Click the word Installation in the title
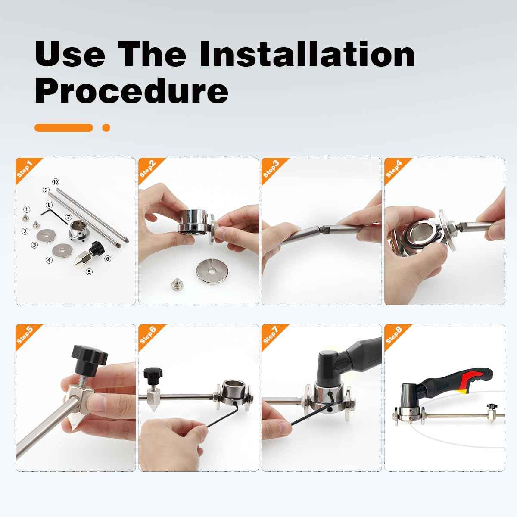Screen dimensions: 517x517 pos(307,54)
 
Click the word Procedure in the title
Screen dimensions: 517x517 pos(131,90)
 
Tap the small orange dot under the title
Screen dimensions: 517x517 pos(106,128)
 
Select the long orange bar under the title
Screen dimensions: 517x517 pos(64,128)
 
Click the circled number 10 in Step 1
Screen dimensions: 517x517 pos(55,182)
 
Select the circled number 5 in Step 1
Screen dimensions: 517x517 pos(89,272)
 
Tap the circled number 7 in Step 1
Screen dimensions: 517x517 pos(69,217)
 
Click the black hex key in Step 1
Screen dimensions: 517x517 pos(54,217)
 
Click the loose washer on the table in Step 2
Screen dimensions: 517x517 pos(212,271)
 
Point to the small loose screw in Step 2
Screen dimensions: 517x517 pos(176,285)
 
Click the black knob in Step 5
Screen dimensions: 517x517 pos(90,359)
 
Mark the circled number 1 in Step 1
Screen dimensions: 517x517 pos(26,209)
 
